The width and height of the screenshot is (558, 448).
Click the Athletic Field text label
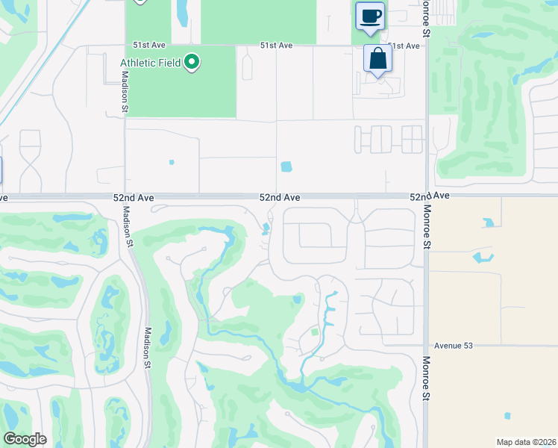[150, 63]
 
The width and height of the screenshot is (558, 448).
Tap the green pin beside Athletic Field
[192, 62]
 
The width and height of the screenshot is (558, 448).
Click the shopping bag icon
[378, 58]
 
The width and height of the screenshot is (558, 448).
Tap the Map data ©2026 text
[526, 442]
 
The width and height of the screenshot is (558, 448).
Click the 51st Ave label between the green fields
[276, 46]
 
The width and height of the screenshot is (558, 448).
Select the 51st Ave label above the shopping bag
[403, 46]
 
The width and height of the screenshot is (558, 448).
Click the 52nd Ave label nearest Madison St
[134, 197]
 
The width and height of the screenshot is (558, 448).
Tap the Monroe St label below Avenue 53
[427, 379]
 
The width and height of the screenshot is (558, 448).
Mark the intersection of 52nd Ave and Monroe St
[427, 197]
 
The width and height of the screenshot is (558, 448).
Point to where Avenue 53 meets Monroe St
[427, 346]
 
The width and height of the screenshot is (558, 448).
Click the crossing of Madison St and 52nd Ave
[125, 197]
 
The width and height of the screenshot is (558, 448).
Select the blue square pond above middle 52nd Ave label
[286, 167]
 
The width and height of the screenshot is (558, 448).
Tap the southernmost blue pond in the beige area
[507, 416]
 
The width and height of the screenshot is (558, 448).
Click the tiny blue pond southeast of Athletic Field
[172, 162]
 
